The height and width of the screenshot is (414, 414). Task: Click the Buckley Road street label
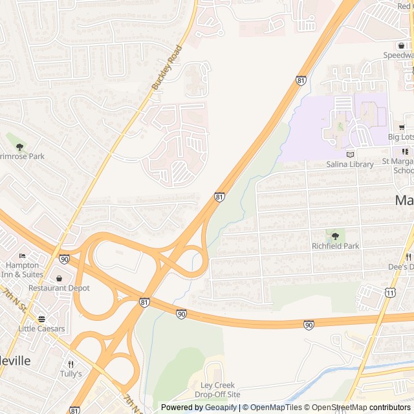click(x=167, y=67)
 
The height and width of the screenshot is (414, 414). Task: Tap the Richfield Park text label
click(x=335, y=246)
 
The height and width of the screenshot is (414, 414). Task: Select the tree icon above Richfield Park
click(x=335, y=236)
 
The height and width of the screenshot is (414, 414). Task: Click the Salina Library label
click(x=350, y=164)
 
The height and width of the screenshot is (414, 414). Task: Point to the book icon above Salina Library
click(x=350, y=155)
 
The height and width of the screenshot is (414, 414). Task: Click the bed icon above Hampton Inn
click(x=22, y=256)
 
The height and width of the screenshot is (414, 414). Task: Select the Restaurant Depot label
click(x=59, y=288)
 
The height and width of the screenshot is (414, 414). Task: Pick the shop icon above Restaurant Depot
click(x=59, y=278)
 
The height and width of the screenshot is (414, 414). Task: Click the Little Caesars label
click(x=41, y=329)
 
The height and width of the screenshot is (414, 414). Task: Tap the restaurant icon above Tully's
click(x=71, y=364)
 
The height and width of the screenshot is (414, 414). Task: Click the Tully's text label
click(x=71, y=374)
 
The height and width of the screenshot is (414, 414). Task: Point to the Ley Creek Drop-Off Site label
click(x=217, y=389)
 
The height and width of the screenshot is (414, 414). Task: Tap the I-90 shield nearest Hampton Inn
click(x=63, y=258)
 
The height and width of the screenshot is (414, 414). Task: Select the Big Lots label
click(x=400, y=136)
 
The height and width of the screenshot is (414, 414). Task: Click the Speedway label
click(x=398, y=56)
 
